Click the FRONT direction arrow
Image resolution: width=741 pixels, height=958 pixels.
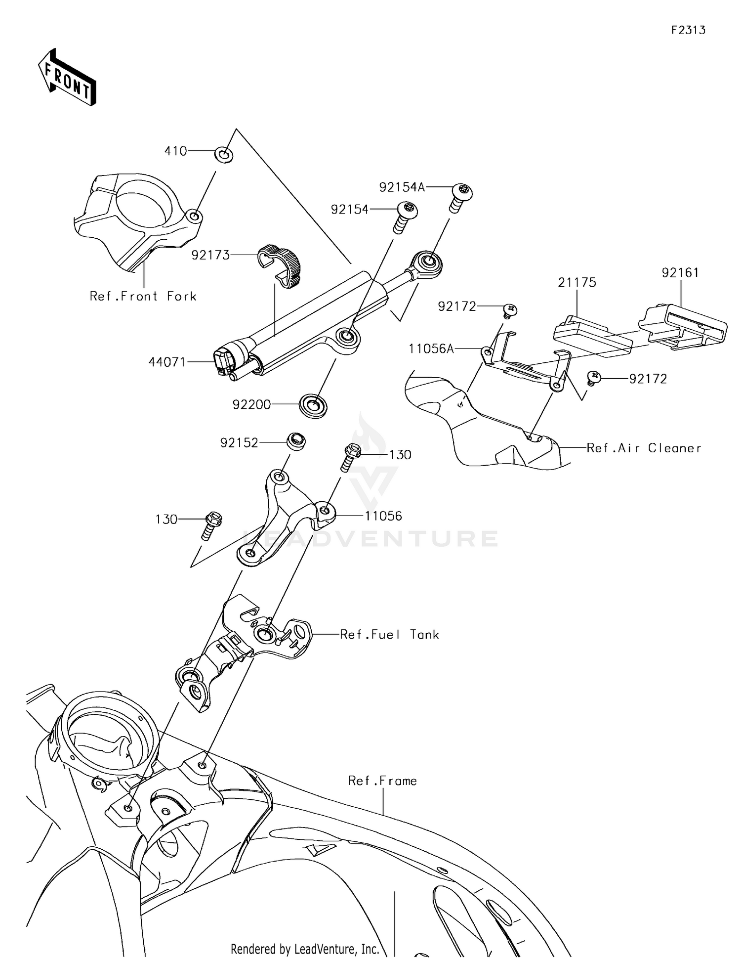(67, 78)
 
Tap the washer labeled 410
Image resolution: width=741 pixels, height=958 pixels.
(224, 155)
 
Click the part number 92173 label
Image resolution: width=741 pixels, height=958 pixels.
(210, 255)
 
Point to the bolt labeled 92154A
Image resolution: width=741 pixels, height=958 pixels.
(461, 197)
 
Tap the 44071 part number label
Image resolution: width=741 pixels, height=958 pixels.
(167, 362)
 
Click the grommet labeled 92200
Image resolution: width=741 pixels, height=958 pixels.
(314, 406)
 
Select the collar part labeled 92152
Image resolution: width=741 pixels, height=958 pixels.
(296, 440)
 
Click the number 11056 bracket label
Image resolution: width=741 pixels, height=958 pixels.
(383, 516)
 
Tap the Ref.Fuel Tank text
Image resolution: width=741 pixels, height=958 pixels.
(389, 635)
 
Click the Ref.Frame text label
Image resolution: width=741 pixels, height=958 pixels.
(382, 781)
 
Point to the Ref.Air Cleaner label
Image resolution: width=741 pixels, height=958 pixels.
(644, 448)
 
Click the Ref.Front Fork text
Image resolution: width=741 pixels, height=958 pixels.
(143, 297)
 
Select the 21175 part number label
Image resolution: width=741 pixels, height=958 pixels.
(577, 283)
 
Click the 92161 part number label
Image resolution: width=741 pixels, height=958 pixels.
(680, 273)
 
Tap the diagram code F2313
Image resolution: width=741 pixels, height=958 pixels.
(688, 30)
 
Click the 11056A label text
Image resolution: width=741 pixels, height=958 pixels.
(431, 349)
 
